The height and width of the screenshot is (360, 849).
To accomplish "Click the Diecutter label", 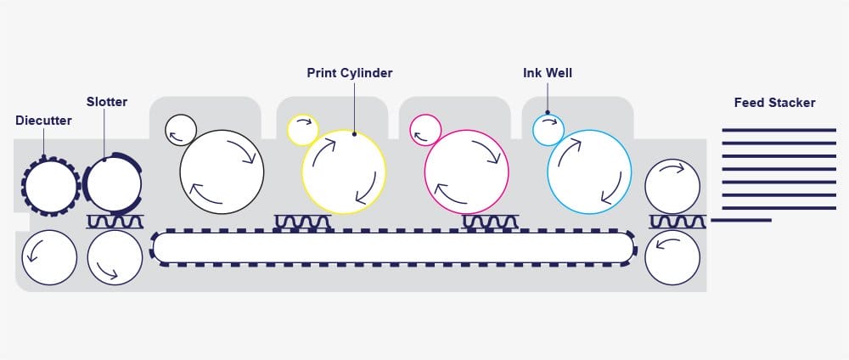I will tap(43, 121).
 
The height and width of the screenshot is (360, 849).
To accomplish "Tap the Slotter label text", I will tap(107, 102).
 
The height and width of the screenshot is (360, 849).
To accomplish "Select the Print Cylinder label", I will tap(350, 73).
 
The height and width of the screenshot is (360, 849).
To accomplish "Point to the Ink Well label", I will tap(548, 73).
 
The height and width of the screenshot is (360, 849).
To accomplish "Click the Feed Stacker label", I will tap(774, 103).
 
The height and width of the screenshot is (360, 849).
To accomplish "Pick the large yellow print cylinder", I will tap(343, 169).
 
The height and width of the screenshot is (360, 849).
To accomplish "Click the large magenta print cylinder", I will tap(466, 172).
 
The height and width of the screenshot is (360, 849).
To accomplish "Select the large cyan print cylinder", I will tap(588, 172).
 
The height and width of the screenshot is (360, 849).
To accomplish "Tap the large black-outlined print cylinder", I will tap(222, 171).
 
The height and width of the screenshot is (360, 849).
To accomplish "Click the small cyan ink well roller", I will tap(548, 130).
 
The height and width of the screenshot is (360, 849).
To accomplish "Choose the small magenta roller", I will tap(425, 130).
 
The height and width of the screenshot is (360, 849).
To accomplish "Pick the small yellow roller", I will tap(302, 130).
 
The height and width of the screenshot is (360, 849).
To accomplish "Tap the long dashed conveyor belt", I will tap(392, 246).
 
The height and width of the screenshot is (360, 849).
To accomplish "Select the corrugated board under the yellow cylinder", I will tap(303, 222).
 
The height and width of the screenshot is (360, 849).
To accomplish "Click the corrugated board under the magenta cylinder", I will tap(490, 222).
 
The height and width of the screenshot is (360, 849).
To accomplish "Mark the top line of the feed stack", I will tap(779, 130).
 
